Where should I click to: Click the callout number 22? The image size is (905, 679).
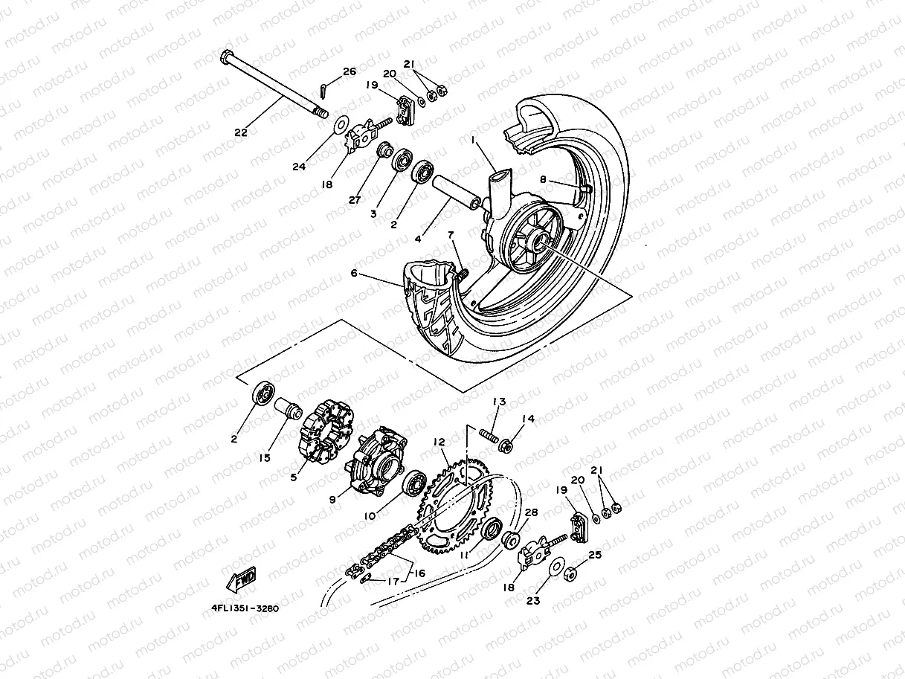240,133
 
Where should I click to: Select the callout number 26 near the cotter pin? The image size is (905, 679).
350,72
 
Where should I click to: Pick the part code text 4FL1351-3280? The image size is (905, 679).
245,608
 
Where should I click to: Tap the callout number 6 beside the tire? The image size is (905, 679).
354,274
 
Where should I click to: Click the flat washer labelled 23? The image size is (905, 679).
555,569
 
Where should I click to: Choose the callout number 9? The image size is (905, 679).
332,499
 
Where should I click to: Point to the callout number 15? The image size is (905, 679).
265,457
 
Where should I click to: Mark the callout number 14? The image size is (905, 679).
528,419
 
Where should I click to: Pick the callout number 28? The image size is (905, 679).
531,513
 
